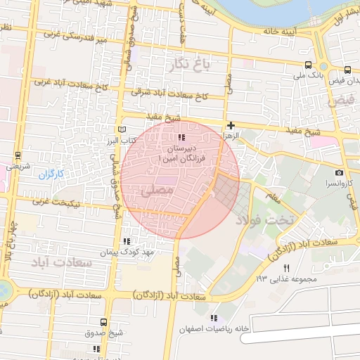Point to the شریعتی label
[18, 167]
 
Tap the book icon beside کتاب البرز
[123, 130]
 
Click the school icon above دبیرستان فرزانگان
[182, 138]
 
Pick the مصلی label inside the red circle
[156, 190]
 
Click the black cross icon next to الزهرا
[231, 124]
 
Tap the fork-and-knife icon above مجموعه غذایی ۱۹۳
[286, 269]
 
